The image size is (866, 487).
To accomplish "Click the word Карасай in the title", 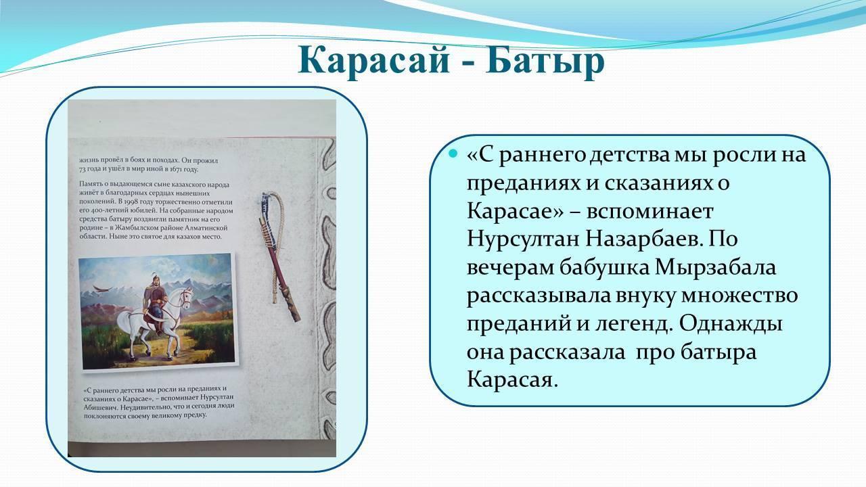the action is [x=373, y=62].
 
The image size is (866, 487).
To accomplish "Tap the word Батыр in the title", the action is [x=545, y=61].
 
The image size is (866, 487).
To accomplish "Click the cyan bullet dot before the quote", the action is [x=453, y=154].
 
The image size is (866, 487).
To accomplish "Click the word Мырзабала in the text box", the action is [x=716, y=267].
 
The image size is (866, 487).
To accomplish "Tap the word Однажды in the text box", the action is [x=731, y=325].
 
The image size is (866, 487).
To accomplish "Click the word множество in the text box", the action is [x=739, y=296].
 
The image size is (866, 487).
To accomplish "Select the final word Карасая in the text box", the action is [x=513, y=381].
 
